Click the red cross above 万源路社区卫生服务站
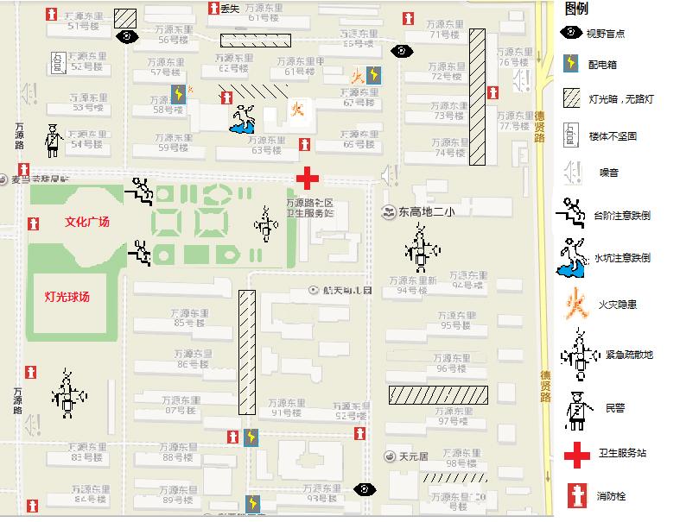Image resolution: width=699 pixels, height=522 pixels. pyautogui.click(x=308, y=178)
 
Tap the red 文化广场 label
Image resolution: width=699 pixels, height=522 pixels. pyautogui.click(x=88, y=222)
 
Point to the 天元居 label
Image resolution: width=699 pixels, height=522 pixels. pyautogui.click(x=412, y=456)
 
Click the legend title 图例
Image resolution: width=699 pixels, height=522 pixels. pyautogui.click(x=576, y=9)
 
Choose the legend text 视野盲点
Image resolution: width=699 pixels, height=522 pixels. pyautogui.click(x=605, y=34)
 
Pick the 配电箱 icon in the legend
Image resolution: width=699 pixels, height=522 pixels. pyautogui.click(x=571, y=64)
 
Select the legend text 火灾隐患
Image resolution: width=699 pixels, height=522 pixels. pyautogui.click(x=617, y=305)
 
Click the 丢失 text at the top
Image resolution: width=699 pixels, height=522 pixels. pyautogui.click(x=229, y=9)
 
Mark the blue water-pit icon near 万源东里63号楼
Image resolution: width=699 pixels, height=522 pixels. pyautogui.click(x=243, y=119)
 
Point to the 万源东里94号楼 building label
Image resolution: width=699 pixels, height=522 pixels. pyautogui.click(x=412, y=285)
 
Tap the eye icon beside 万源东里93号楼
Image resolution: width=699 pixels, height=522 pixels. pyautogui.click(x=365, y=490)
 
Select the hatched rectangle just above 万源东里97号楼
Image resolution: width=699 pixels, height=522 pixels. pyautogui.click(x=437, y=395)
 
